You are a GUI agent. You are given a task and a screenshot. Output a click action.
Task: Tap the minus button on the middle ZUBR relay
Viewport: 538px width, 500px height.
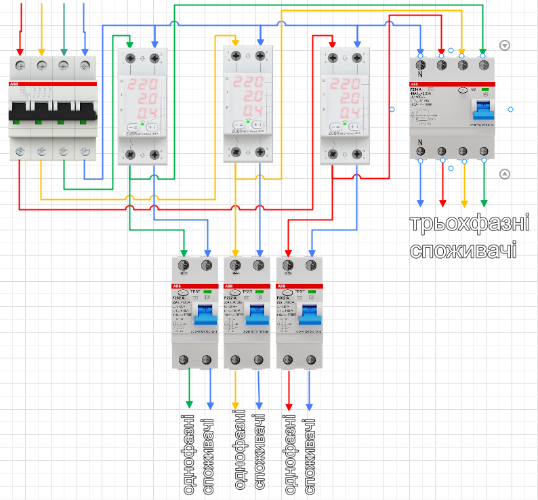click(x=237, y=125)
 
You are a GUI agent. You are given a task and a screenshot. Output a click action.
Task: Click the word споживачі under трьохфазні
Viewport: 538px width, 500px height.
click(x=463, y=249)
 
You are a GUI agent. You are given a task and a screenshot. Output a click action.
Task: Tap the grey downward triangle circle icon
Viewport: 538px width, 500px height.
click(x=505, y=45)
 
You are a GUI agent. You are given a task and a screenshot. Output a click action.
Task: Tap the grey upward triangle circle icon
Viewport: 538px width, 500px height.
click(x=505, y=174)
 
